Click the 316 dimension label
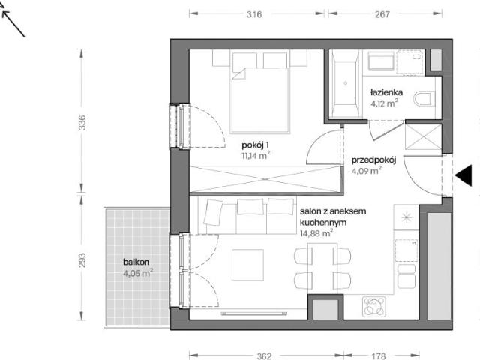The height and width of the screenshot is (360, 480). coord(254,14)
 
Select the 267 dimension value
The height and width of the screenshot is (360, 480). coord(382,14)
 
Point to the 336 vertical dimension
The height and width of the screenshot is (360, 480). coord(82,122)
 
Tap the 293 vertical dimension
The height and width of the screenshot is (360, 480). coord(82,260)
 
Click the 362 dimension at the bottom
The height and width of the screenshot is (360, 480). coord(264,356)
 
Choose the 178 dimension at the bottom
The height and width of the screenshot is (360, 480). coord(379,356)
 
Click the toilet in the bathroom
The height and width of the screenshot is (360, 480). coord(424,98)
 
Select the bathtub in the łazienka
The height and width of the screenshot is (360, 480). coord(346,83)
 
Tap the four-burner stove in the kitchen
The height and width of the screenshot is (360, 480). coord(374,307)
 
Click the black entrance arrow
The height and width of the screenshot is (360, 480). coord(463,175)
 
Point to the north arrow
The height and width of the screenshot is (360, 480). coord(12,23)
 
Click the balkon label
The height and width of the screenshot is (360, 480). coord(136,262)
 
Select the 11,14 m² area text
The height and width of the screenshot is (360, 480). coord(256,155)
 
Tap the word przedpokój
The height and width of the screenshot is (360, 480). coord(373,160)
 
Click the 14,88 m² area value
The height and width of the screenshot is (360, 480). coord(316,233)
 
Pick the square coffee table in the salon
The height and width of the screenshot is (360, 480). coord(247,265)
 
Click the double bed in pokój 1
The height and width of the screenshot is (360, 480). coord(260,91)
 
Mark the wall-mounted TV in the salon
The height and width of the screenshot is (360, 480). coord(254,313)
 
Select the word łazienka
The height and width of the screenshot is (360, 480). coord(386,92)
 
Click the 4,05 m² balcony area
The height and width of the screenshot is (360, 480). coord(138,273)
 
